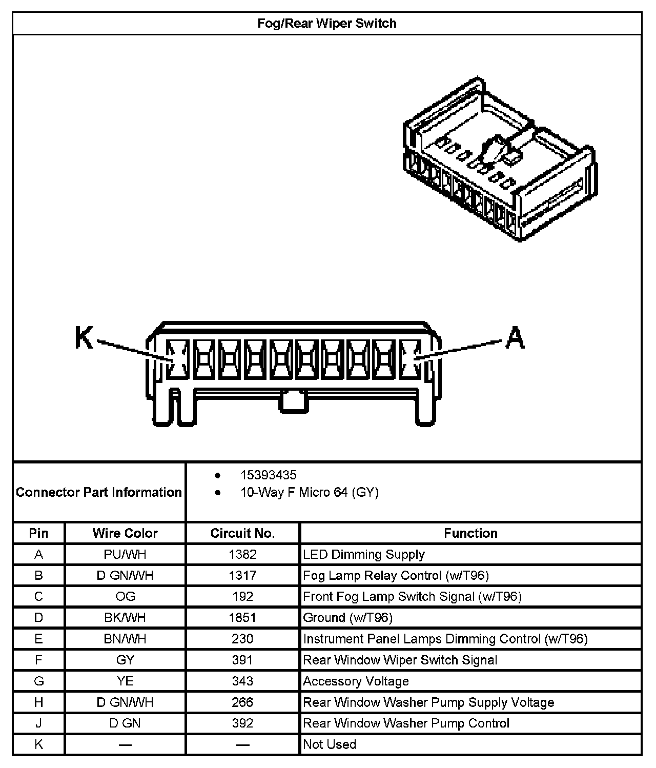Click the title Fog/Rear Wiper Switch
tap(327, 24)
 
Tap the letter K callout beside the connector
tap(85, 338)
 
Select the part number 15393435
tap(269, 475)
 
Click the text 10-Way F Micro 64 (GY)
tap(310, 493)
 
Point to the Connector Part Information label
tap(99, 492)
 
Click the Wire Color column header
tap(125, 533)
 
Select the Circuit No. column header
tap(242, 533)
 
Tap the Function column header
tap(470, 533)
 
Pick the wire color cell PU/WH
tap(125, 554)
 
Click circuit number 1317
tap(242, 575)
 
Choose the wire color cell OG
tap(125, 596)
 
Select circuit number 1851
tap(242, 617)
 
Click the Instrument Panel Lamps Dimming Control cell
tap(445, 639)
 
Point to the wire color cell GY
tap(125, 660)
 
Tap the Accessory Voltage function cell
tap(356, 681)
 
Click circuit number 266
tap(242, 702)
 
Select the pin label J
tap(38, 723)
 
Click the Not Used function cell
tap(330, 744)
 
